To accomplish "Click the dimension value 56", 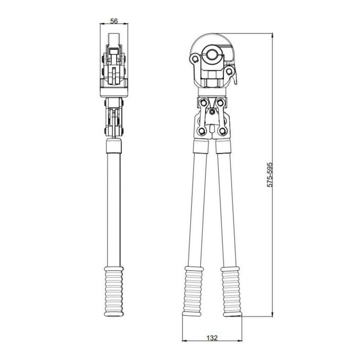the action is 114,21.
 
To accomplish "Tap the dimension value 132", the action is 212,338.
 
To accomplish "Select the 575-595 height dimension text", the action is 270,175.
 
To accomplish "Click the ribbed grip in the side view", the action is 114,292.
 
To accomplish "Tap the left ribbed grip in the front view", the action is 193,291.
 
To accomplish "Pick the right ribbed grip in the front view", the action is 231,291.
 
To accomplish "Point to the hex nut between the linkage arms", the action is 212,112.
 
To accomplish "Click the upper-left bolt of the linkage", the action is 203,102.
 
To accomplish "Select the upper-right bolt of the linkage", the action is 220,102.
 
